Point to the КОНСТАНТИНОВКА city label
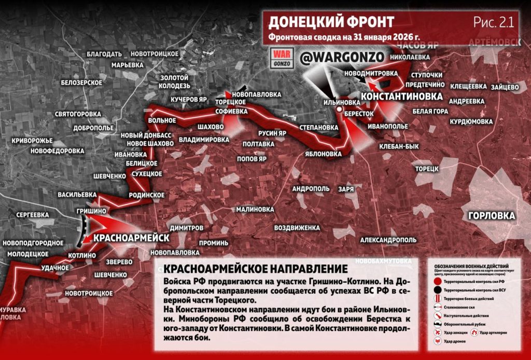[402, 97]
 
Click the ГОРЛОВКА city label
[491, 216]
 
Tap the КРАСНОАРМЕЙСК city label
[132, 237]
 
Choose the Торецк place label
[427, 169]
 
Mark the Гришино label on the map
[91, 211]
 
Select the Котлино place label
[81, 255]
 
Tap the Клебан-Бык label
[399, 147]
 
